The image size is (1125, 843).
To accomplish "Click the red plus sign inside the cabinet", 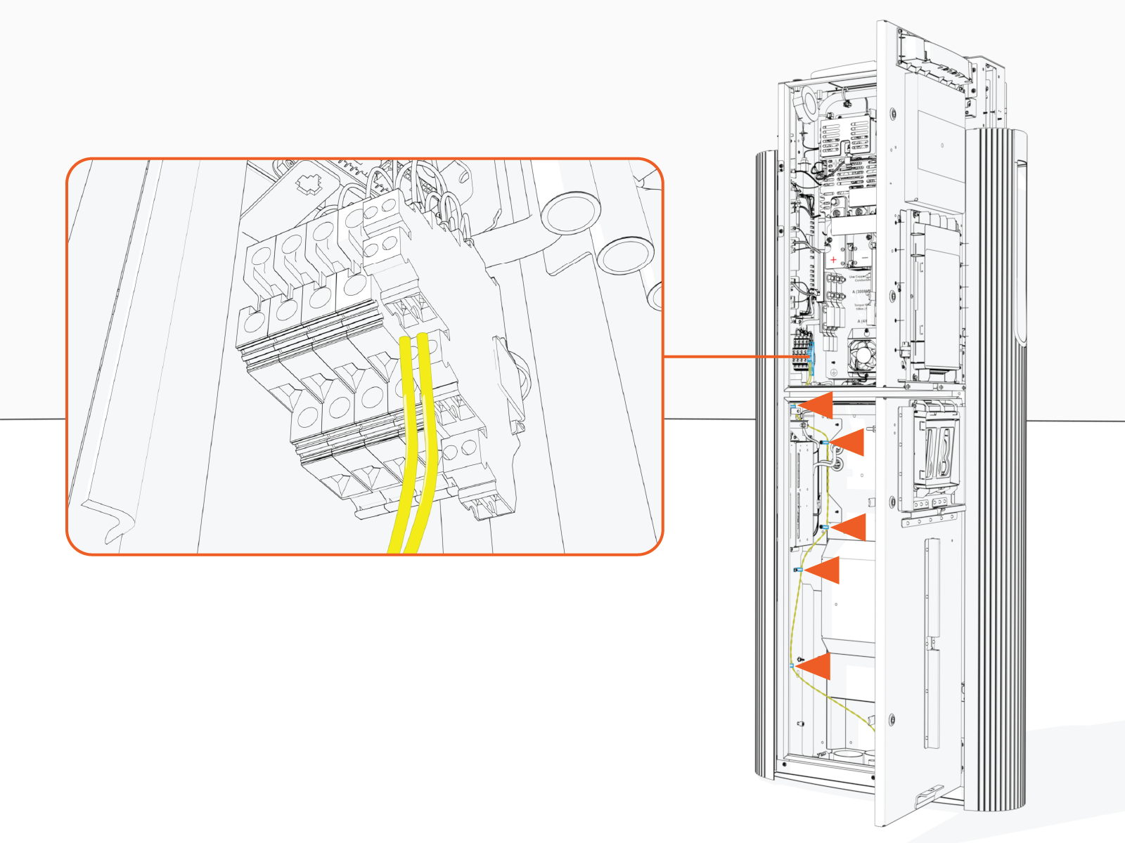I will (833, 260).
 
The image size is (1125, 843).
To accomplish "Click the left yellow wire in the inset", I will (403, 450).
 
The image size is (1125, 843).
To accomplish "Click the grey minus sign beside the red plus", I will (866, 260).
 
